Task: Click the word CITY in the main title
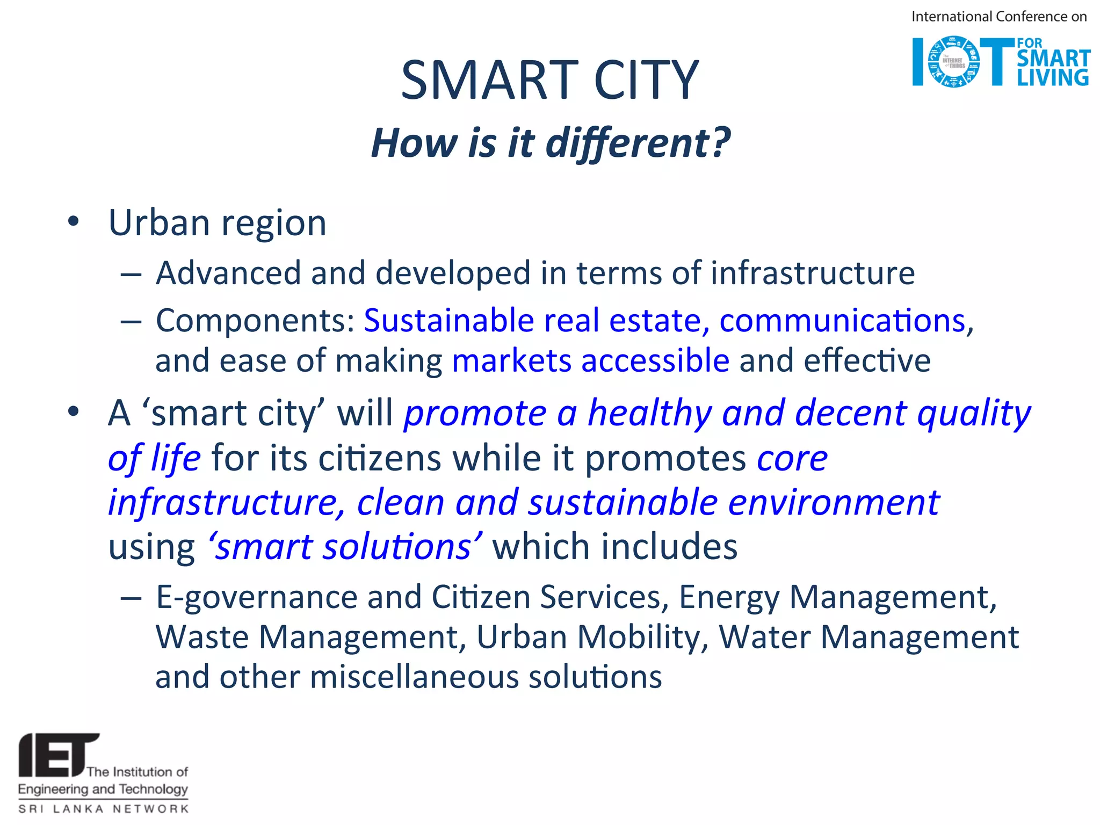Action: [x=646, y=81]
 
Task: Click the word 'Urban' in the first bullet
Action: [x=158, y=222]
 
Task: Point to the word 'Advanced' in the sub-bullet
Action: [x=228, y=273]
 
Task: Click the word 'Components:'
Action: [x=255, y=321]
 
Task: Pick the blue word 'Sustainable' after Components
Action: [x=448, y=321]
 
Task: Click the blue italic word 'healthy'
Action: [x=649, y=414]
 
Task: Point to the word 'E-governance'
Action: [x=256, y=597]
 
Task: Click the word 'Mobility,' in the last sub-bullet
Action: [x=643, y=638]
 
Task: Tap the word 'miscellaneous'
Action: [x=414, y=677]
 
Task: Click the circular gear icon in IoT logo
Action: [x=953, y=62]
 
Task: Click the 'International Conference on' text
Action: [x=998, y=17]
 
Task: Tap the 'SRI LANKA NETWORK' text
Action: [x=103, y=808]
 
